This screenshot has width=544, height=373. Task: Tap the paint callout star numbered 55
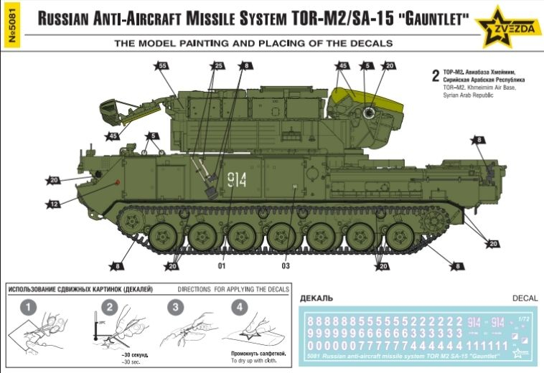[x=162, y=65]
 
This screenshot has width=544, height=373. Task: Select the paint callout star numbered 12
[x=54, y=204]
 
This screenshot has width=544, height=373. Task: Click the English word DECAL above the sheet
[x=525, y=296]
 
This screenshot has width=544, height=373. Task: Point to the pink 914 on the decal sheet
[x=476, y=321]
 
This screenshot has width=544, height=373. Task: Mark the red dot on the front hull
[x=117, y=181]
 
